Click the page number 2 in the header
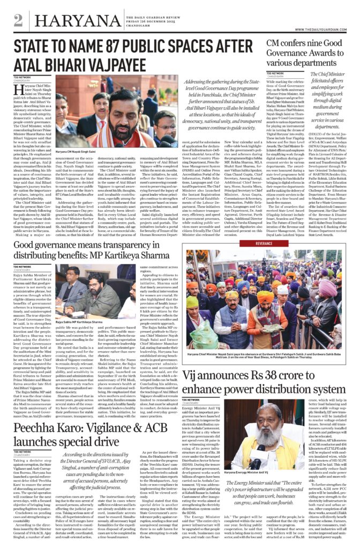point(18,21)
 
